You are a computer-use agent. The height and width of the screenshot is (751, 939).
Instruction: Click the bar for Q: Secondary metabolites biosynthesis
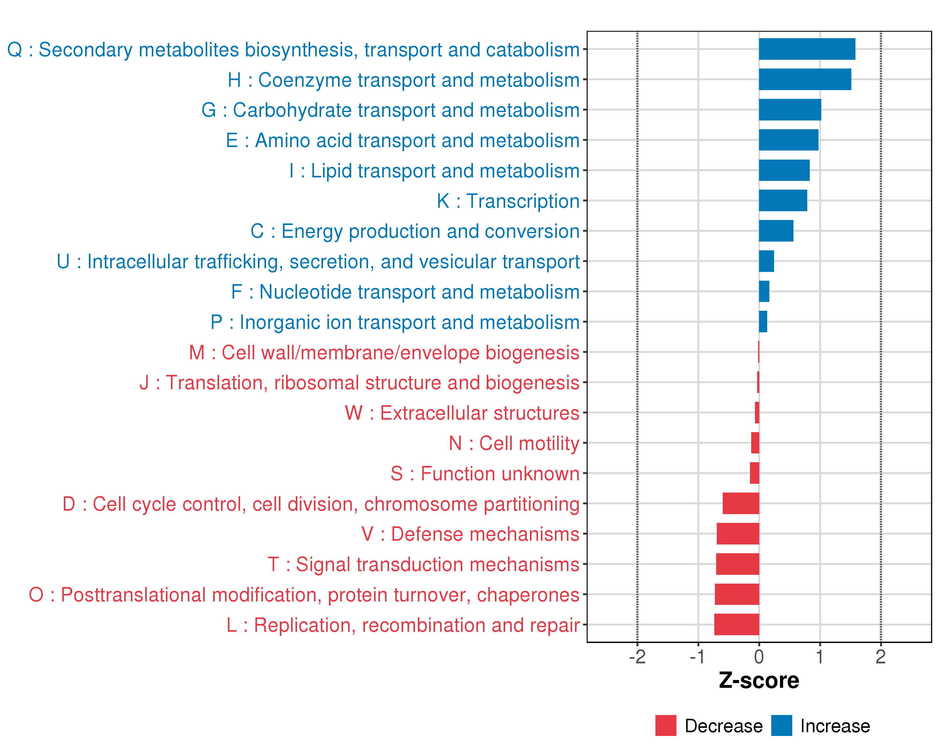pyautogui.click(x=807, y=49)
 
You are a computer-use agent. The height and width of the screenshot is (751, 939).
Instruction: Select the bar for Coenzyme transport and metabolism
pyautogui.click(x=805, y=79)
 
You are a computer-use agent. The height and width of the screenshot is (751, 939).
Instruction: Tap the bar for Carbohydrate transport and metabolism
pyautogui.click(x=790, y=110)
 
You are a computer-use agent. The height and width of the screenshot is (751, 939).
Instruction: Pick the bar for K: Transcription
pyautogui.click(x=782, y=200)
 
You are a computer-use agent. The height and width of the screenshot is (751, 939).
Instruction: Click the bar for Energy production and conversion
pyautogui.click(x=776, y=231)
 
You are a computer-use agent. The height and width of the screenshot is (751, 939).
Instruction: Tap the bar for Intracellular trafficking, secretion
pyautogui.click(x=766, y=261)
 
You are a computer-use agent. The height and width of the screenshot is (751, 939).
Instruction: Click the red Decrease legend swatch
pyautogui.click(x=665, y=725)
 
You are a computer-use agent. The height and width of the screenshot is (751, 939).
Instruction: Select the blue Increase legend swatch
pyautogui.click(x=781, y=725)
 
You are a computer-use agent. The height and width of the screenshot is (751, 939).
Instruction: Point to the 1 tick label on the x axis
pyautogui.click(x=820, y=657)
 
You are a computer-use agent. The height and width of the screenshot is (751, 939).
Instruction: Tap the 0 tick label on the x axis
pyautogui.click(x=759, y=657)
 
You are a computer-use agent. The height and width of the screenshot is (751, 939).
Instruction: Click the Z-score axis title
pyautogui.click(x=759, y=681)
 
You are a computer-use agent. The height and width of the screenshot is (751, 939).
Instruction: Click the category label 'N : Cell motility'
pyautogui.click(x=514, y=443)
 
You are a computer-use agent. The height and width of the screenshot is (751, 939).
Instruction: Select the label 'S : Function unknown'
pyautogui.click(x=485, y=474)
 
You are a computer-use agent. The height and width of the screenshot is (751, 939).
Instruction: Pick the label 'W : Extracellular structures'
pyautogui.click(x=462, y=413)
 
